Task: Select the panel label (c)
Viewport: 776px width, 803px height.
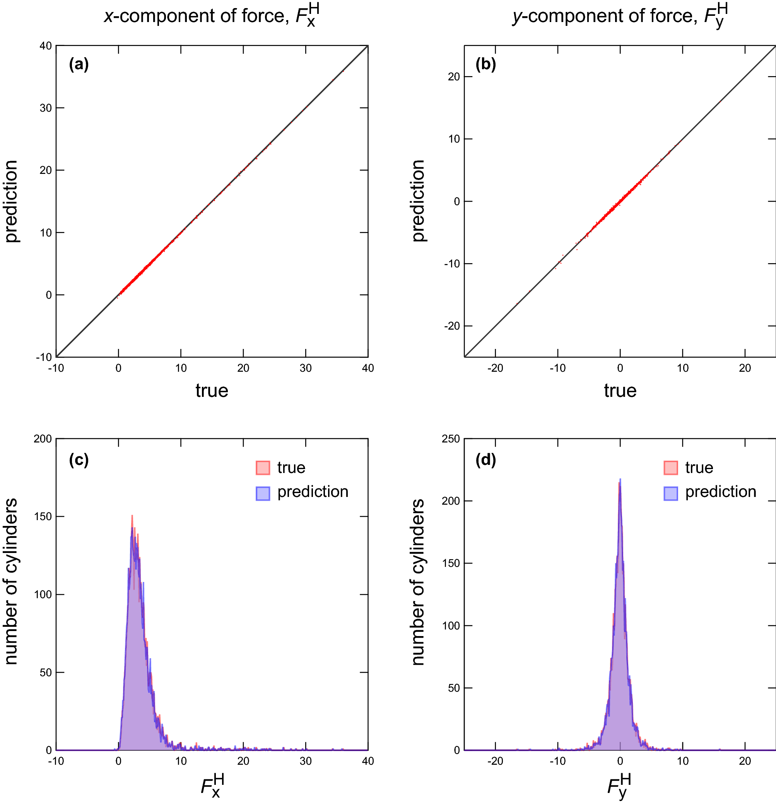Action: tap(79, 460)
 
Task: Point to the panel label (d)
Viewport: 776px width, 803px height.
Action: tap(485, 460)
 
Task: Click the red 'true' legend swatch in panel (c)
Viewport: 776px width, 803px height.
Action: tap(263, 468)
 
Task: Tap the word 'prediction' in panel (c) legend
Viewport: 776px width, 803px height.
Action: tap(313, 492)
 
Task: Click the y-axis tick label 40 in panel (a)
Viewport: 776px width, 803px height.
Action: tap(46, 46)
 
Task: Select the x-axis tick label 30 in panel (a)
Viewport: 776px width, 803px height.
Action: tap(306, 368)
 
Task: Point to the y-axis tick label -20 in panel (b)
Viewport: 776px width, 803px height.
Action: tap(452, 326)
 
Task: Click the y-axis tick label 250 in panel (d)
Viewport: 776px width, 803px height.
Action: tap(451, 439)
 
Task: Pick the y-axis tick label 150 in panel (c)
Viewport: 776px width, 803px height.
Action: tap(43, 517)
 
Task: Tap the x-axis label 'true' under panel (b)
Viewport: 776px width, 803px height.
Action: tap(620, 390)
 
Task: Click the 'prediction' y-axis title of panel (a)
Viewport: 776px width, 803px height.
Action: tap(11, 201)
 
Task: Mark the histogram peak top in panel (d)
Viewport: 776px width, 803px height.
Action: tap(620, 479)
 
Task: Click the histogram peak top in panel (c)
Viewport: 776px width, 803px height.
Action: tap(132, 516)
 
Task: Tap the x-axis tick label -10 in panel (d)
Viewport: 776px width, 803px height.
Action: tap(557, 761)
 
